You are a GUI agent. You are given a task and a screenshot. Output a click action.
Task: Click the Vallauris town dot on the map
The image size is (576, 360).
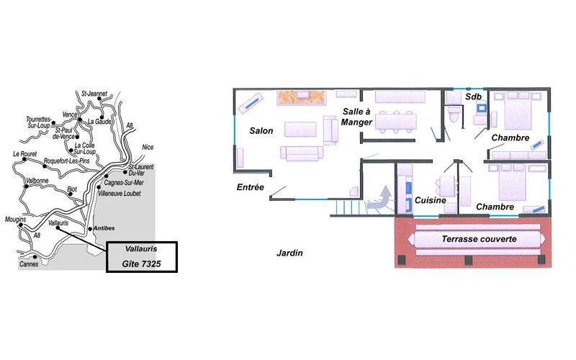58,228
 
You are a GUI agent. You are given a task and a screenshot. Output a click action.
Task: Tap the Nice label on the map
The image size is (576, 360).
148,148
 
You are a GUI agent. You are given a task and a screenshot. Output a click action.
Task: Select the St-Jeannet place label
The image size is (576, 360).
94,94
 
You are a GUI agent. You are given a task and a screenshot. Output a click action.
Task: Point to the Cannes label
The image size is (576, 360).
29,264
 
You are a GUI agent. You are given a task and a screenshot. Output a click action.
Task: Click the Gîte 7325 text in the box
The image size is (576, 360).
141,264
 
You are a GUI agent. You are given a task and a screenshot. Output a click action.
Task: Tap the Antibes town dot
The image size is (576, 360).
90,229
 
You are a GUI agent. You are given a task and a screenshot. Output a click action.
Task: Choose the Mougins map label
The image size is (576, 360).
15,220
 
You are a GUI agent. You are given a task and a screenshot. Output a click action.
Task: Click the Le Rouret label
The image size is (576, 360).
25,154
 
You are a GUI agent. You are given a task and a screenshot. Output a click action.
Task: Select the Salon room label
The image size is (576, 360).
261,131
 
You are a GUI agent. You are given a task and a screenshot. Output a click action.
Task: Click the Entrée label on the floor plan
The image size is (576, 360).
251,187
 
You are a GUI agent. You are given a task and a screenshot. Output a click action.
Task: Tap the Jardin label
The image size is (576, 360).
289,253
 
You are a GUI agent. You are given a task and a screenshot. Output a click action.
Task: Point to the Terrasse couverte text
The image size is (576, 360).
479,239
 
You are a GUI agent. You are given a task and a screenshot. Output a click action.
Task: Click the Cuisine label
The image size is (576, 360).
431,200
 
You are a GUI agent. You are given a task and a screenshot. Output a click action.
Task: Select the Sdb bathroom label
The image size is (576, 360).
473,96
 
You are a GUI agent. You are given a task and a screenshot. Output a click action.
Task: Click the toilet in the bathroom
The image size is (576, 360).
454,114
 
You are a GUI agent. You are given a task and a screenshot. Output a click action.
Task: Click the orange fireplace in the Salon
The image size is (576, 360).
302,97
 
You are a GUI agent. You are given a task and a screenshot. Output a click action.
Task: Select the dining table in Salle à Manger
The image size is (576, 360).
396,122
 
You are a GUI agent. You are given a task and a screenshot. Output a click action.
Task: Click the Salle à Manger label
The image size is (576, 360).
356,117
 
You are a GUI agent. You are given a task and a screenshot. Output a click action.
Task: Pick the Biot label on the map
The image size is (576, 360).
72,189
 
